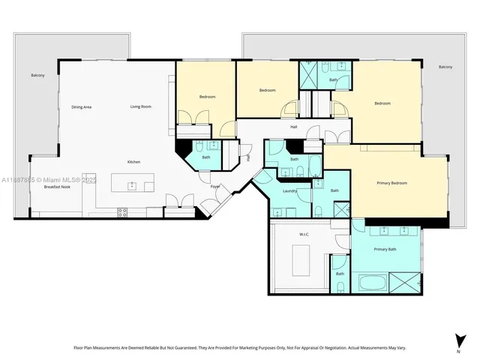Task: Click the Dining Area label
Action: pyautogui.click(x=82, y=107)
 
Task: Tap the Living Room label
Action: pyautogui.click(x=140, y=106)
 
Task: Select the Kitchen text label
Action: pyautogui.click(x=133, y=162)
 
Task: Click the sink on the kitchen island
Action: pyautogui.click(x=132, y=185)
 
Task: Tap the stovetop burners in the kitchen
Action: pyautogui.click(x=122, y=213)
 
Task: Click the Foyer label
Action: pyautogui.click(x=214, y=186)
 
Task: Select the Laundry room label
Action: pyautogui.click(x=290, y=190)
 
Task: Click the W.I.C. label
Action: pyautogui.click(x=304, y=234)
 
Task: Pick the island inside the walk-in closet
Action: pyautogui.click(x=300, y=260)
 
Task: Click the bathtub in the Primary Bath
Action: pyautogui.click(x=373, y=283)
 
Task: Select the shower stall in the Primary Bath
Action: pyautogui.click(x=406, y=283)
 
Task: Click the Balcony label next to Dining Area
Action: pyautogui.click(x=37, y=75)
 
